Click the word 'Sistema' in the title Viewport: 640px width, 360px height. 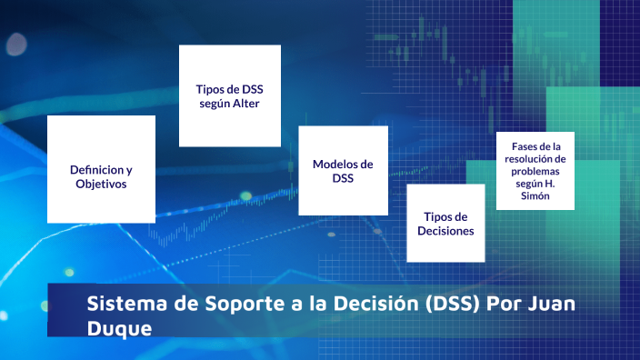tap(120, 304)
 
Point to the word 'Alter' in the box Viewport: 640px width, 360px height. tap(245, 104)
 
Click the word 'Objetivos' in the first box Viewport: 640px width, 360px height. tap(101, 184)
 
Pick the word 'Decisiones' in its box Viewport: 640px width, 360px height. tap(445, 231)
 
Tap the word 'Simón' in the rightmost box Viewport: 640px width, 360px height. tap(535, 196)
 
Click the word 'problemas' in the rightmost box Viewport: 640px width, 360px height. tap(535, 171)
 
